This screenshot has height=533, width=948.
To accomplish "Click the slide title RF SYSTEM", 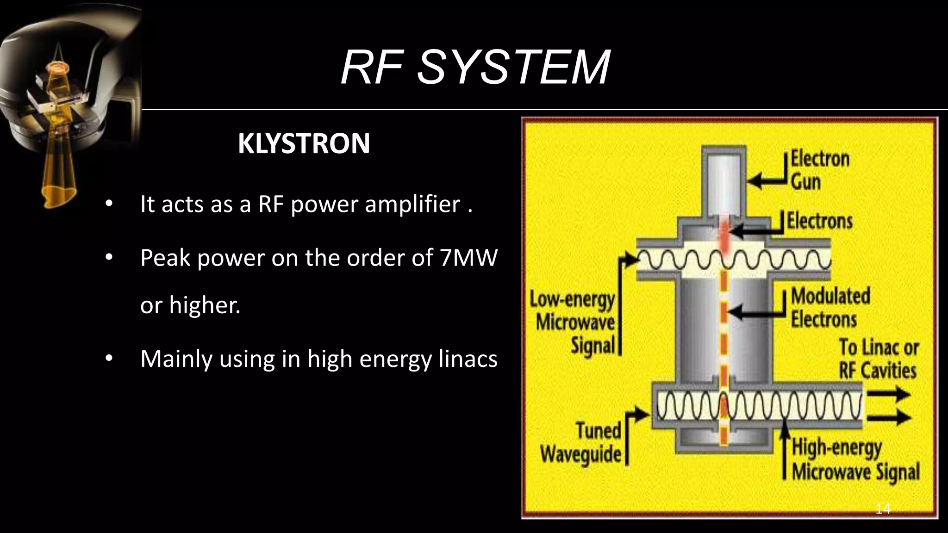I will (475, 68).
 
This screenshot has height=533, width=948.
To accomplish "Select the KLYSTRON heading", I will (304, 144).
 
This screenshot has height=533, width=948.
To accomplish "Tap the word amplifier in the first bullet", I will (412, 204).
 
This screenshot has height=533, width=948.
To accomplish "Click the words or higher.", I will (190, 305).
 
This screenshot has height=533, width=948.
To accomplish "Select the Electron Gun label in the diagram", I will (819, 170).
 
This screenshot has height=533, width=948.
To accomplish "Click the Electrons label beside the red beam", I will (820, 221).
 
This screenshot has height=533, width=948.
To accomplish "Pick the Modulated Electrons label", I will (830, 308).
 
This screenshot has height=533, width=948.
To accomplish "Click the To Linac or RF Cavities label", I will (878, 359).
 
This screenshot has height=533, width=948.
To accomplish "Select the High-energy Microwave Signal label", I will (855, 460).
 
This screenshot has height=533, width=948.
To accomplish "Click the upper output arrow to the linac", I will (888, 395).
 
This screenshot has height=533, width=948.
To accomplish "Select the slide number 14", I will (883, 509).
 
